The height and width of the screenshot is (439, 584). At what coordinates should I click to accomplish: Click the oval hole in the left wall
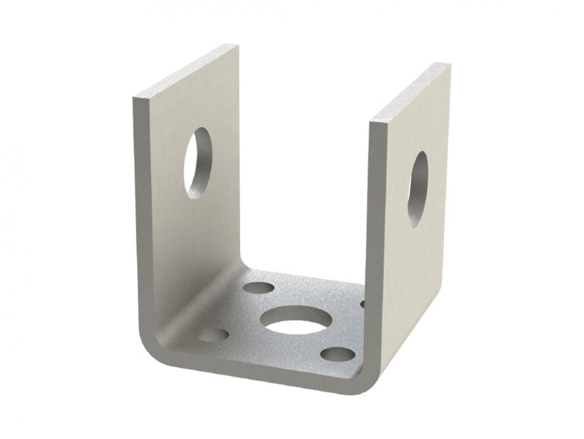[199, 162]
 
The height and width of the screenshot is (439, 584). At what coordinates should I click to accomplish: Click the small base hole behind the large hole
[259, 289]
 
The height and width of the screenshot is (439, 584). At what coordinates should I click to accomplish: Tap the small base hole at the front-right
[339, 355]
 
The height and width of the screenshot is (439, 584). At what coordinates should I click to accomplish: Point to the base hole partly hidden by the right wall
[362, 304]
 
